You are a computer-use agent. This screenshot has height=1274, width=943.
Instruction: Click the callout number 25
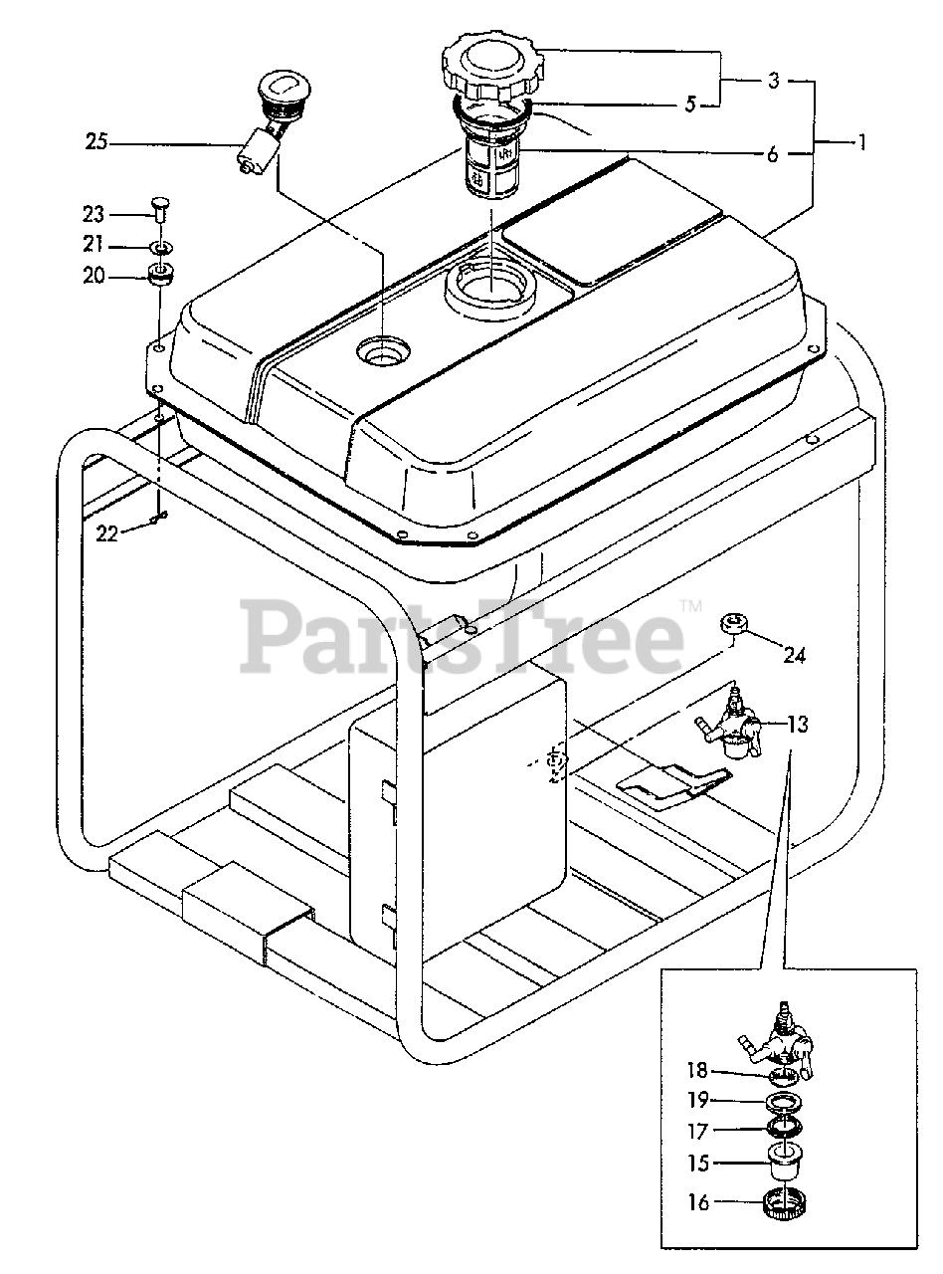click(x=95, y=143)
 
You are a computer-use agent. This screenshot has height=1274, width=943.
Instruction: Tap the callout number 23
click(x=93, y=214)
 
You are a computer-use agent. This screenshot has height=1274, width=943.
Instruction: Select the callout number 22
click(x=106, y=533)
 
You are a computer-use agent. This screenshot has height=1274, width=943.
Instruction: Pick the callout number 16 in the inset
click(x=698, y=1202)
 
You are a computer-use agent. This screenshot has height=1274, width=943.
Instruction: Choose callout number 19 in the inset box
click(x=698, y=1101)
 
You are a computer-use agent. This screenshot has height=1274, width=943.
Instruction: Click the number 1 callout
click(x=862, y=142)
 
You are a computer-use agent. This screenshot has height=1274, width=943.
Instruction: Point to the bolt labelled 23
click(x=158, y=210)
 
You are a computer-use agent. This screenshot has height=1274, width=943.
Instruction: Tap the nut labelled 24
click(x=734, y=624)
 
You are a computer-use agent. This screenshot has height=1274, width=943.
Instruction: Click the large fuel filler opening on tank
click(x=491, y=286)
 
